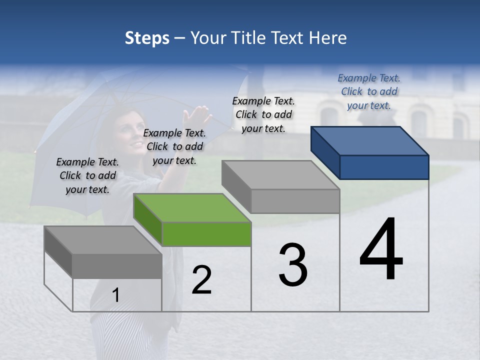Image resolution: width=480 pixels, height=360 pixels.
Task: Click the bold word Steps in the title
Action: [x=147, y=38]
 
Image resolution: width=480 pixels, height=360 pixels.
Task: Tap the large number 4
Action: [x=381, y=249]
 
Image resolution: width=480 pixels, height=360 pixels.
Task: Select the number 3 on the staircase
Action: [x=293, y=265]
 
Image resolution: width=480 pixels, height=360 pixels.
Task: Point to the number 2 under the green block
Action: [x=201, y=280]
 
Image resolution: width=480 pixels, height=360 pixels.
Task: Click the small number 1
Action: [x=115, y=295]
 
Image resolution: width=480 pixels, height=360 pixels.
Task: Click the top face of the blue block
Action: [x=369, y=140]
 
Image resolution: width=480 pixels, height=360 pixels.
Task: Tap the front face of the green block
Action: [x=206, y=234]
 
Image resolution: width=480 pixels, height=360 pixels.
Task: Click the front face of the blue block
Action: [x=384, y=167]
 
